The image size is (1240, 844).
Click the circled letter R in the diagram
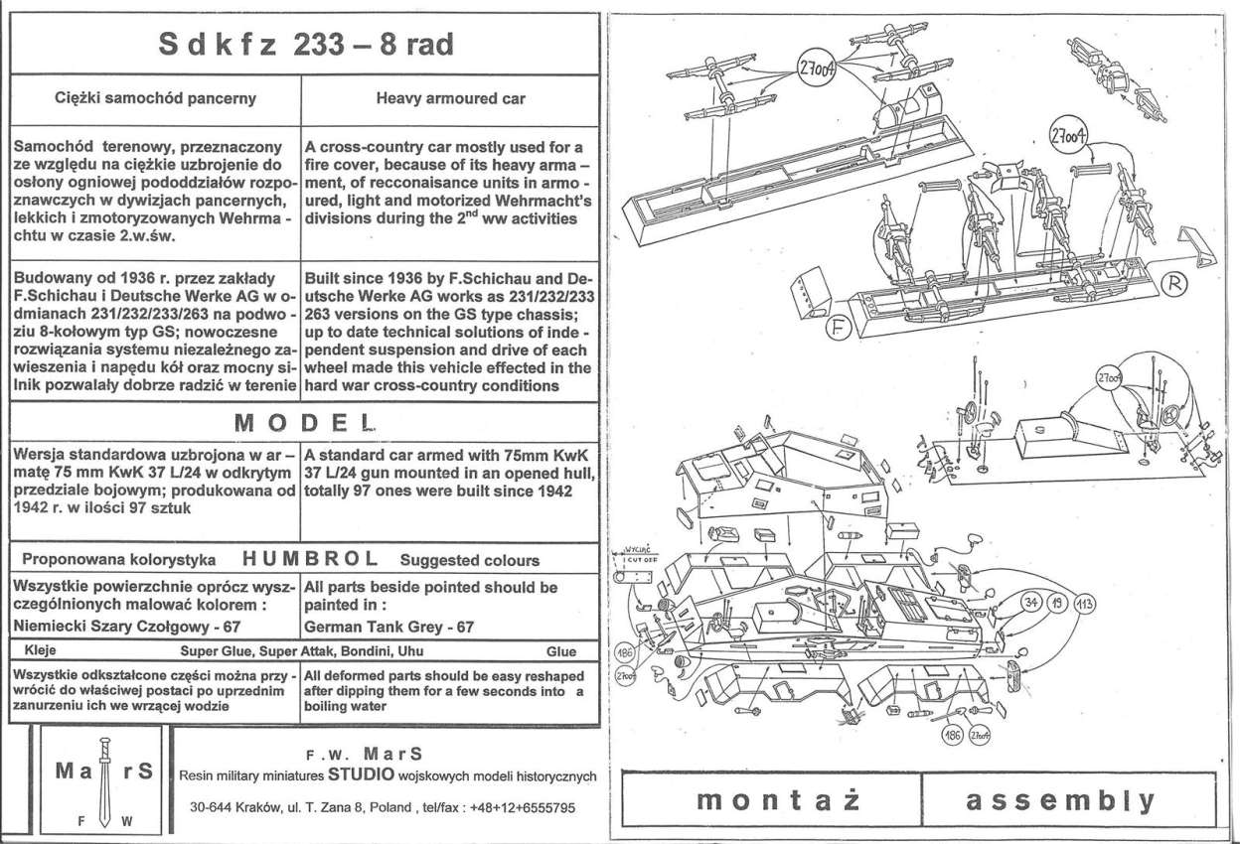[1174, 284]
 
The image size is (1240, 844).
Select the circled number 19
[1057, 602]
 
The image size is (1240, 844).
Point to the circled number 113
[1084, 602]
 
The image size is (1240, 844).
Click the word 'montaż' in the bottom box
[770, 800]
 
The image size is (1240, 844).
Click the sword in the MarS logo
[99, 779]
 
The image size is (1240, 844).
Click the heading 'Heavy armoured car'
[450, 99]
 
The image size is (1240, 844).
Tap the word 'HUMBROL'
[309, 559]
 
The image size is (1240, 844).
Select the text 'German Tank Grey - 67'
[388, 627]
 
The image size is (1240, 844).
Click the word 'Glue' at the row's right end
[560, 652]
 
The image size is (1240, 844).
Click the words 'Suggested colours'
[470, 560]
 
